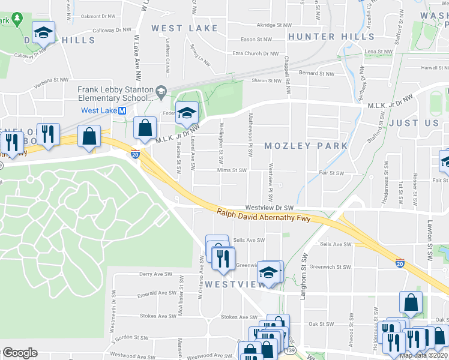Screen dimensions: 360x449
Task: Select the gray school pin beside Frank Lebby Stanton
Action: (160, 92)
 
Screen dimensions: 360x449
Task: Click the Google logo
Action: (20, 353)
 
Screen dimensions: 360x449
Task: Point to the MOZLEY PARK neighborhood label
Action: (306, 146)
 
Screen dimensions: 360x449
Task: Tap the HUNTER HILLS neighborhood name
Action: (331, 37)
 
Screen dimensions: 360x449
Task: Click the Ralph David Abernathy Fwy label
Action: (264, 215)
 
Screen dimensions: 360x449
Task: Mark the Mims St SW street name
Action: (232, 170)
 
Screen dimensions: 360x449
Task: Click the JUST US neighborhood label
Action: (414, 123)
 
